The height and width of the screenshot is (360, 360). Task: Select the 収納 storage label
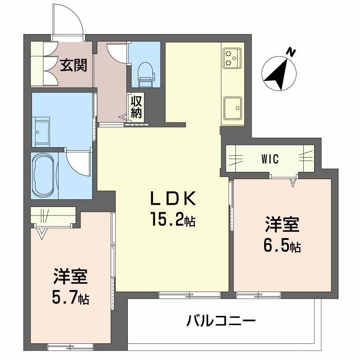pos(136,108)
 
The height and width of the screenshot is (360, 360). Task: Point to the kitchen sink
pos(232,108)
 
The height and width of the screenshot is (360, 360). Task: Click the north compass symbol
pos(279,72)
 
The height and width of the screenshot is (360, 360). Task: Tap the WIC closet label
pos(270,159)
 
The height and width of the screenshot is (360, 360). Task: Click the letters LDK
pos(172,198)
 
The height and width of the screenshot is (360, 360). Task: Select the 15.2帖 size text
pos(172,220)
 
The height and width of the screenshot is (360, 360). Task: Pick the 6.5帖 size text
pos(282,246)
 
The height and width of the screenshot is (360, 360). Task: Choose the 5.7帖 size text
pos(71,297)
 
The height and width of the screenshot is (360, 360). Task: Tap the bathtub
pos(44,175)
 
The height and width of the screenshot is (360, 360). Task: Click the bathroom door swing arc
pos(77,162)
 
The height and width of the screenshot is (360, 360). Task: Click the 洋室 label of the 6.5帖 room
pos(282,225)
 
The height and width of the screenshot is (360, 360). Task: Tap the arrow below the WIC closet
pos(293,182)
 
